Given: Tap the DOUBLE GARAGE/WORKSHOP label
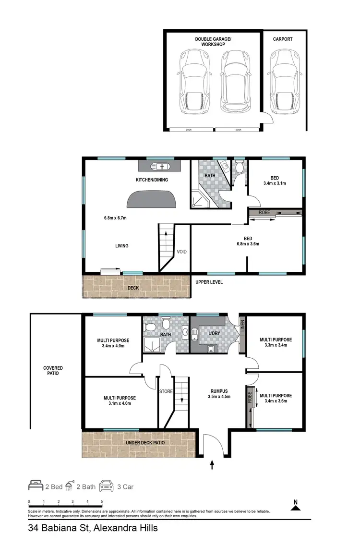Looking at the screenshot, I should (x=210, y=41).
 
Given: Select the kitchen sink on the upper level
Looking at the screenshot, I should (x=160, y=166).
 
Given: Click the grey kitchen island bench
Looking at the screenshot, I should (x=151, y=198).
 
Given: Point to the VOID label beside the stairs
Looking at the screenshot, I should (x=181, y=252).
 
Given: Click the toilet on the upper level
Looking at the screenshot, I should (x=239, y=168).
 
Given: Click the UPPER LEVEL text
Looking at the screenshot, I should (x=209, y=282).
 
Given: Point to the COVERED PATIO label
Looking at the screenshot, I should (x=53, y=371).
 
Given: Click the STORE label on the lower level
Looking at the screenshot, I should (x=166, y=391).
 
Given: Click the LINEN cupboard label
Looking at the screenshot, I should (x=242, y=326).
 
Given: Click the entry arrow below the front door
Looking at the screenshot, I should (x=213, y=464).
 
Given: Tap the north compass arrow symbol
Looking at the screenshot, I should (x=296, y=504).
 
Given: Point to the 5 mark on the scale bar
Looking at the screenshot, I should (x=102, y=502).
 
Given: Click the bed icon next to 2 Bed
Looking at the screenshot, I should (x=36, y=486).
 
